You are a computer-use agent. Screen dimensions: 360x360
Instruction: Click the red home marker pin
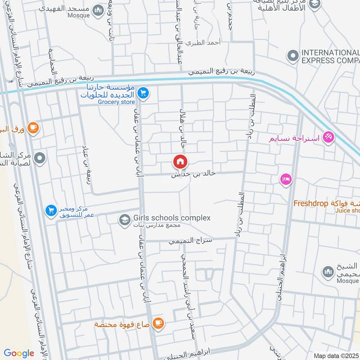pyautogui.click(x=180, y=162)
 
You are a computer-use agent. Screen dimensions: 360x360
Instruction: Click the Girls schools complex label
pyautogui.click(x=171, y=218)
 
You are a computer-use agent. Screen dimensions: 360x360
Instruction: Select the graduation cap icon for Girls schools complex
pyautogui.click(x=123, y=220)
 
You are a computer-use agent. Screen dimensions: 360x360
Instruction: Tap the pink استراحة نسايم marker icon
pyautogui.click(x=328, y=137)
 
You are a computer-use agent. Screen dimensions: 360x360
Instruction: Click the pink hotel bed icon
pyautogui.click(x=285, y=180)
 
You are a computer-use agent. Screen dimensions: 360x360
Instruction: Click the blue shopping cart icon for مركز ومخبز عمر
pyautogui.click(x=50, y=210)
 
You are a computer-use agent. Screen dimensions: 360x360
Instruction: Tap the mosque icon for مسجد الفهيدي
pyautogui.click(x=97, y=10)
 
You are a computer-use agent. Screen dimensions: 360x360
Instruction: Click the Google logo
pyautogui.click(x=19, y=353)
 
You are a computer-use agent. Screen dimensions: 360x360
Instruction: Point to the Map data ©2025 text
pyautogui.click(x=336, y=356)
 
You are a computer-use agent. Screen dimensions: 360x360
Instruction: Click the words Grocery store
pyautogui.click(x=117, y=102)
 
